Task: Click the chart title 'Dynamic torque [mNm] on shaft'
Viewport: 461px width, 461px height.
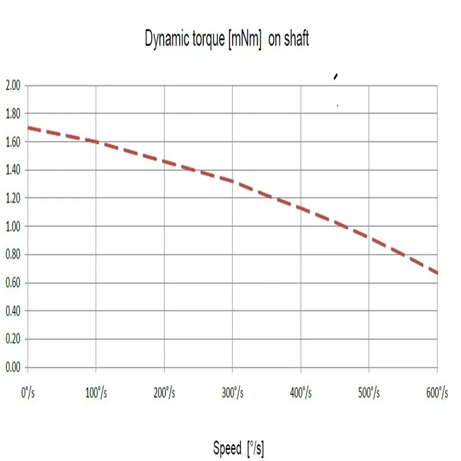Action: coord(227,39)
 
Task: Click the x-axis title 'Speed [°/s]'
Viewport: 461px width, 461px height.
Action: coord(238,448)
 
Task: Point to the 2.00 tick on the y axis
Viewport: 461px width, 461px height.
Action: coord(13,85)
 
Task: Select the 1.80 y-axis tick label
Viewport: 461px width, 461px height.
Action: coord(13,114)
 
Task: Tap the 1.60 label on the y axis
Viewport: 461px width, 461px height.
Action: coord(13,142)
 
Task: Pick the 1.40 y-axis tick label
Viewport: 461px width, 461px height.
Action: coord(13,170)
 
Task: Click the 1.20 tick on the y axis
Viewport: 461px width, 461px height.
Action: coord(13,198)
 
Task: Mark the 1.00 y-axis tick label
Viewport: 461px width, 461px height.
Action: coord(13,226)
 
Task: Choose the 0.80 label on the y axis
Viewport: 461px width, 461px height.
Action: coord(13,255)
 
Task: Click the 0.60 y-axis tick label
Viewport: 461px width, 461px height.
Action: coord(13,283)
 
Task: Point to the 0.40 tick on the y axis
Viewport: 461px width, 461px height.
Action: coord(13,311)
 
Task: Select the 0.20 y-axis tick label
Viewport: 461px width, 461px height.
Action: coord(13,339)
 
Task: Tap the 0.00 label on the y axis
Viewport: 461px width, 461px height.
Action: coord(13,368)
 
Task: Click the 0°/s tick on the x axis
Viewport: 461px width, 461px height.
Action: coord(27,394)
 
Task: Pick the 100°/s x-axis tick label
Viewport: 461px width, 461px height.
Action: coord(95,394)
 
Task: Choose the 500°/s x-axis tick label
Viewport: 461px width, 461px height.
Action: coord(368,394)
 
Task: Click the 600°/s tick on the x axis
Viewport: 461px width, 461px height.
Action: coord(436,394)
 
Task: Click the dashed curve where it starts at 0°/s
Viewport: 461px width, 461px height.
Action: coord(29,128)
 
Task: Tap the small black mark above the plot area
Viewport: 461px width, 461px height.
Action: coord(336,75)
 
